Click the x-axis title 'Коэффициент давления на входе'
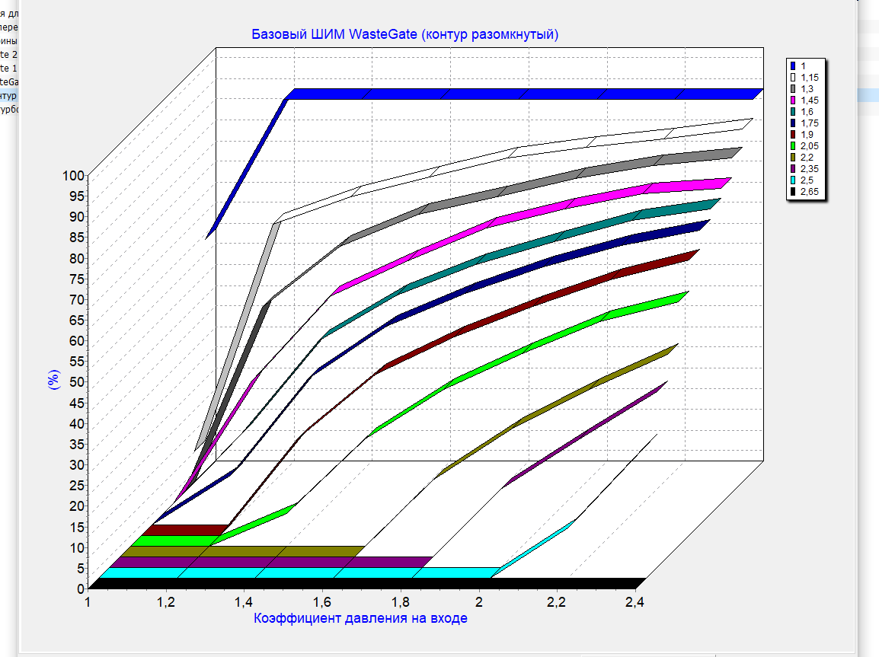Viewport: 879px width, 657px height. (360, 618)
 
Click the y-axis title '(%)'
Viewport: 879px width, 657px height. (54, 379)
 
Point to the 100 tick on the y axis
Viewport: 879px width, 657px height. (75, 175)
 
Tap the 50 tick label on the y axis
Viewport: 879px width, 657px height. (78, 381)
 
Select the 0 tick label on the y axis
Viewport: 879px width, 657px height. (81, 588)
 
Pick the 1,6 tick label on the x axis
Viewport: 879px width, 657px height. (322, 603)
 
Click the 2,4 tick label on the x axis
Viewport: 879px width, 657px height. (634, 603)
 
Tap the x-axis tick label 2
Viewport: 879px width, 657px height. (479, 603)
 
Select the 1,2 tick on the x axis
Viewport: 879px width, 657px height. (166, 603)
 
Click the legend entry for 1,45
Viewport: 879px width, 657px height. (810, 100)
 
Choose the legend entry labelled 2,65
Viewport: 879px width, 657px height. (810, 192)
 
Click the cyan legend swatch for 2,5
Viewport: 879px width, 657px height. (793, 180)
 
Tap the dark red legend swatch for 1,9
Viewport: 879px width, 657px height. (793, 135)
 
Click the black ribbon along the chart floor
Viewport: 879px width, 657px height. (366, 583)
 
